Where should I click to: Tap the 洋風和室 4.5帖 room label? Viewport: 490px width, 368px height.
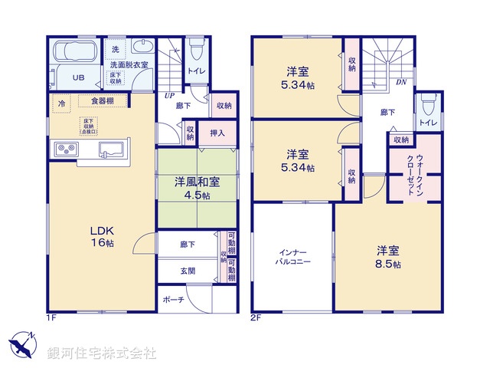(x=197, y=188)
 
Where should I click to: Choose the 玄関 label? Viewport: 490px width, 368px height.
(x=187, y=271)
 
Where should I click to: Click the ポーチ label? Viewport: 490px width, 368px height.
(x=174, y=299)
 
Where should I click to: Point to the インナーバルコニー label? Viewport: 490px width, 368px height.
(x=293, y=255)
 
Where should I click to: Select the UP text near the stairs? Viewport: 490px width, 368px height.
(x=168, y=95)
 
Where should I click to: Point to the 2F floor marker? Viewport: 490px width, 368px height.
(x=257, y=316)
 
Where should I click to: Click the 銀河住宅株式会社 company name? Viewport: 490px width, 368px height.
(x=102, y=353)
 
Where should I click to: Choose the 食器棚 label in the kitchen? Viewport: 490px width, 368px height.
(x=104, y=100)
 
